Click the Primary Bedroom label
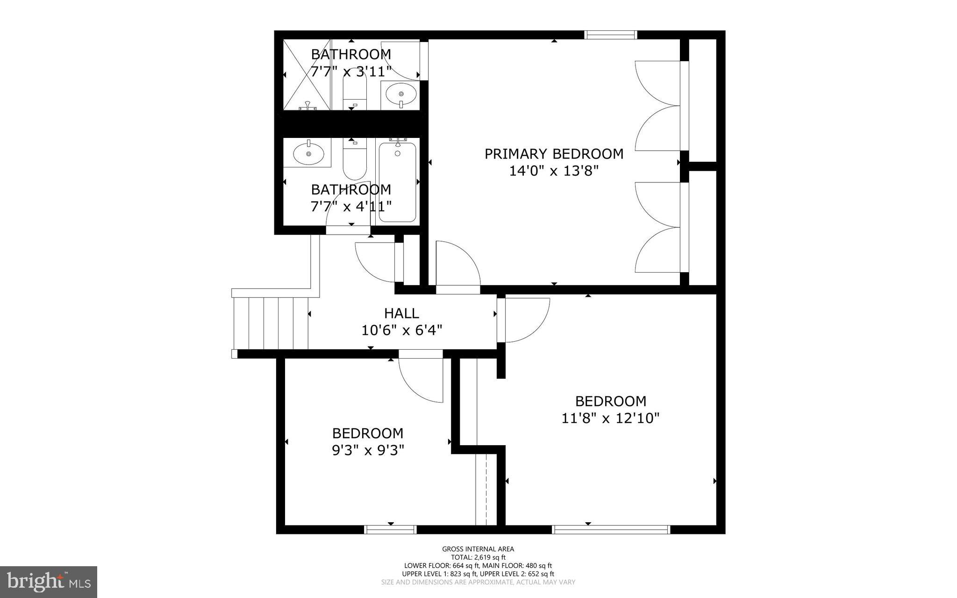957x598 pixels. click(x=554, y=154)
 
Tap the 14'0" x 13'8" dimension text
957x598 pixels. click(x=554, y=171)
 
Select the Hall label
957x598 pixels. click(x=401, y=313)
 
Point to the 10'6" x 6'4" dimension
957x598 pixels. click(x=401, y=331)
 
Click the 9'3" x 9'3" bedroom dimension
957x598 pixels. click(x=368, y=450)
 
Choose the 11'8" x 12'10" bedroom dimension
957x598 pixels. click(x=610, y=418)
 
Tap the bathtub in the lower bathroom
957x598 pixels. click(x=397, y=182)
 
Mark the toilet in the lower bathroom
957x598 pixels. click(x=355, y=161)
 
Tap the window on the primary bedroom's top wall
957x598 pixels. click(x=611, y=35)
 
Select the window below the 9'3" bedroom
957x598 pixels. click(x=390, y=529)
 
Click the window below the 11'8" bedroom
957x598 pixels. click(x=611, y=529)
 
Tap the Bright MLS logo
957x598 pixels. click(x=49, y=582)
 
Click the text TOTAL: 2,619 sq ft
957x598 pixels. click(x=478, y=557)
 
